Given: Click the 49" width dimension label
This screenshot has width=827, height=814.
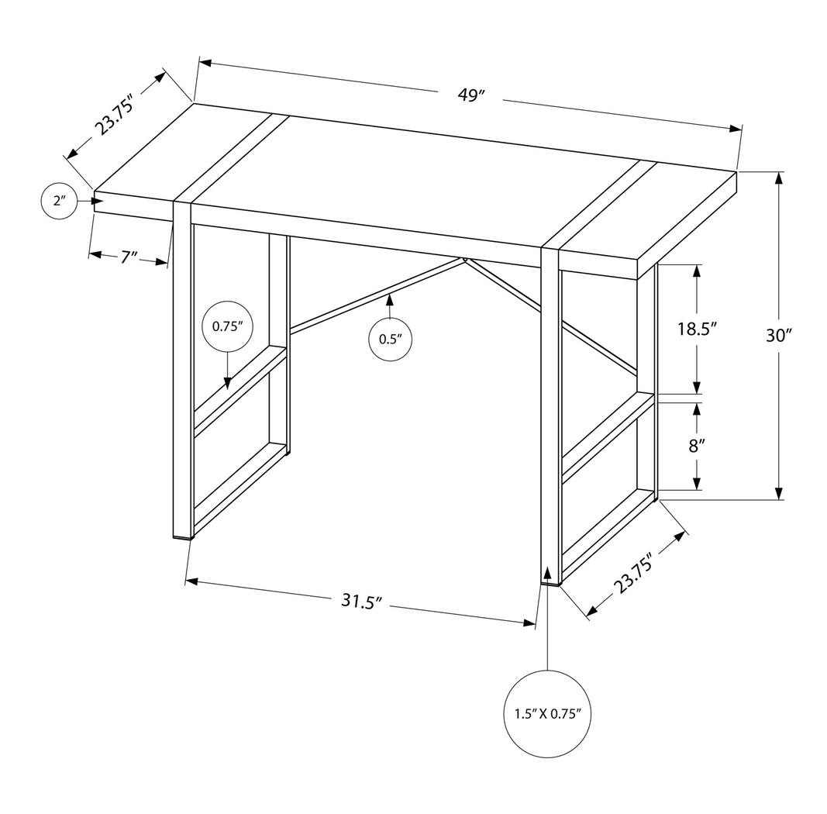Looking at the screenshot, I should pos(470,95).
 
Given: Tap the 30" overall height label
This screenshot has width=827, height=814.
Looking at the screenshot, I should pos(777,335).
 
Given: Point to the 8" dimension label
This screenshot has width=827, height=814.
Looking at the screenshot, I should pos(696,446).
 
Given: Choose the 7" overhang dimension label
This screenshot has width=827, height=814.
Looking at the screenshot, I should pos(129,257).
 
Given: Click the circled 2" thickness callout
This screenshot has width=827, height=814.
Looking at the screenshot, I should pos(59,202).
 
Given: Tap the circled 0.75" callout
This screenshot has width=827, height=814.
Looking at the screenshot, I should pos(227,326).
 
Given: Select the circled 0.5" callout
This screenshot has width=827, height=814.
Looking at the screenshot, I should pos(389,339).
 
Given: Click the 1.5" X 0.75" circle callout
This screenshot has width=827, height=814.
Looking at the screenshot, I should pos(547,712).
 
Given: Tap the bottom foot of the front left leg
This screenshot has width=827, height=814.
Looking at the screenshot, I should pos(181,535).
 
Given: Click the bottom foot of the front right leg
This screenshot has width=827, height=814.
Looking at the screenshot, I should pos(550,581).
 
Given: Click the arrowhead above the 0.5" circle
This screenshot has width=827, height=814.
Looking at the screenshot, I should pos(389,298).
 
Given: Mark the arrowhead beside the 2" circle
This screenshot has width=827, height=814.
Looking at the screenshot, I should pos(96,202).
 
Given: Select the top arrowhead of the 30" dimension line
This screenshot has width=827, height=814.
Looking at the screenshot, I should pos(778,178).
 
